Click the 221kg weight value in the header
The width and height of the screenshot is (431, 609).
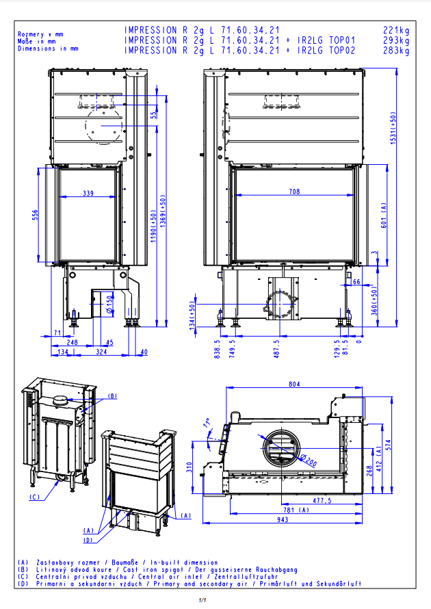click(x=396, y=30)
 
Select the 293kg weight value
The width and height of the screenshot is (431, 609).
click(x=396, y=40)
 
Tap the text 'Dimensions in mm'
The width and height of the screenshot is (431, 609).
click(x=48, y=49)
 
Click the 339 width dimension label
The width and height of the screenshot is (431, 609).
click(x=88, y=193)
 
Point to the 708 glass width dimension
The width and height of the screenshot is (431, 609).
click(x=294, y=192)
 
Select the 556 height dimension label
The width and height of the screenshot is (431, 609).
click(x=36, y=215)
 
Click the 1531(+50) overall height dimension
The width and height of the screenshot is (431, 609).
click(x=393, y=128)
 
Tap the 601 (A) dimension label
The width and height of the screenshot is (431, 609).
click(x=384, y=215)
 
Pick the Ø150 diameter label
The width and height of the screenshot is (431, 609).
click(x=109, y=304)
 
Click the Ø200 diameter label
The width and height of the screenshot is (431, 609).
click(x=309, y=460)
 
